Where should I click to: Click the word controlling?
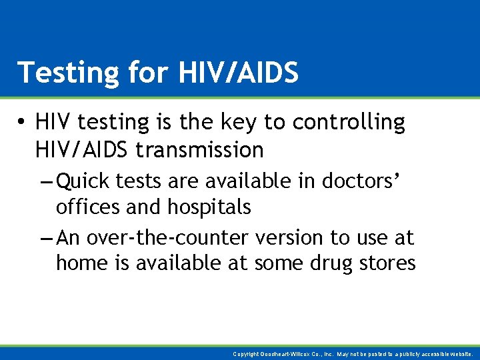pyautogui.click(x=349, y=123)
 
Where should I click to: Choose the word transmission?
pyautogui.click(x=199, y=150)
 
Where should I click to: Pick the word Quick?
pyautogui.click(x=85, y=181)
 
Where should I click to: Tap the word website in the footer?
pyautogui.click(x=460, y=355)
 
